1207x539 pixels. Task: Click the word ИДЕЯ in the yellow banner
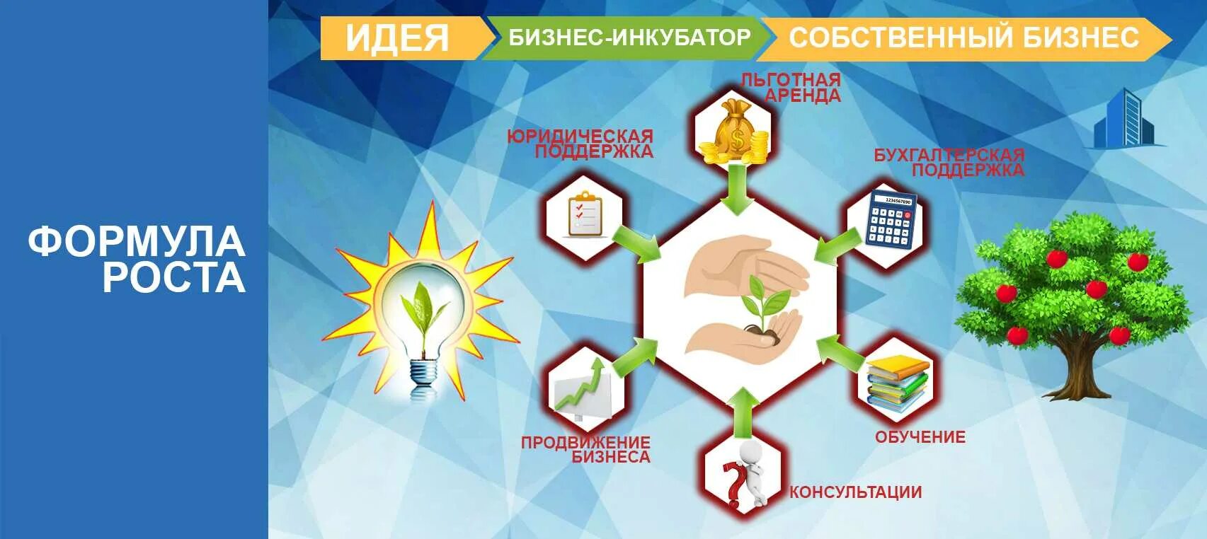point(397,37)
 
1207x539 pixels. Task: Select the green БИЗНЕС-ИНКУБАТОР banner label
point(629,37)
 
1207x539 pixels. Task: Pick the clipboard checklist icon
point(585,214)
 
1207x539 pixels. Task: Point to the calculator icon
point(891,219)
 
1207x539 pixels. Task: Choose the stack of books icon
point(897,382)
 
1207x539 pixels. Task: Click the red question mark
point(733,482)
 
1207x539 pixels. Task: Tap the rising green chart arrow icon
point(583,387)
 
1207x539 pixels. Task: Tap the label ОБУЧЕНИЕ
point(920,437)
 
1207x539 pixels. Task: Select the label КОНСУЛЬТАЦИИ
point(855,492)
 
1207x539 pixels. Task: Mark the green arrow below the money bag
point(738,188)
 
